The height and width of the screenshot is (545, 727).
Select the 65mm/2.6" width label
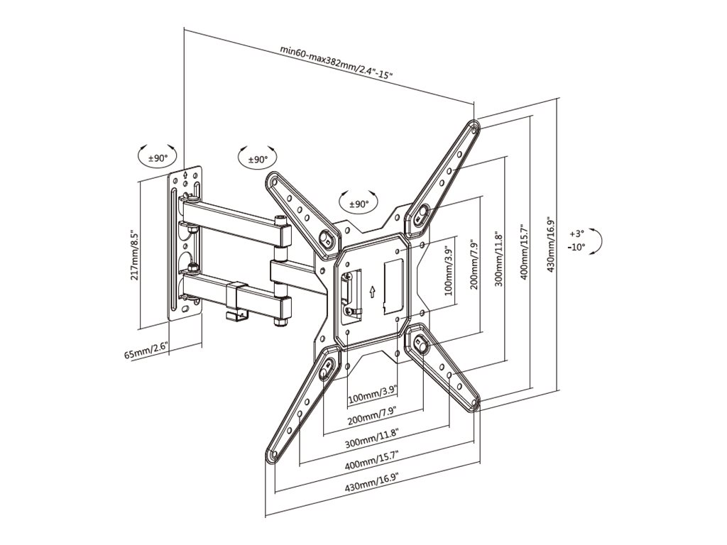tap(146, 351)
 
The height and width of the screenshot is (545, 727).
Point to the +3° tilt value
tap(576, 233)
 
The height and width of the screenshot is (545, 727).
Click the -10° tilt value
tap(576, 247)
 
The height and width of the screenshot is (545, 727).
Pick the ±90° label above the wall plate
tap(158, 158)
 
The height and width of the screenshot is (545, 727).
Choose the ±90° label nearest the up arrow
tap(359, 204)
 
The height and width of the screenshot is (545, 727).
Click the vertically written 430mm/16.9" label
tap(551, 243)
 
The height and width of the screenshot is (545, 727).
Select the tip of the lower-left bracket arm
tap(271, 456)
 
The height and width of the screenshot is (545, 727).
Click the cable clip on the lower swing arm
tap(237, 302)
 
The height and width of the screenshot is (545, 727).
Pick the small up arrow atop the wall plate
tap(185, 175)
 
